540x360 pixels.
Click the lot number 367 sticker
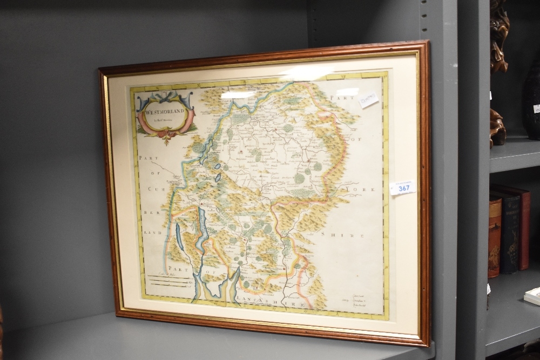click(x=403, y=188)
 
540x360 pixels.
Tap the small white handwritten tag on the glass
click(x=369, y=100)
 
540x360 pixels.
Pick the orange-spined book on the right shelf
click(x=495, y=237)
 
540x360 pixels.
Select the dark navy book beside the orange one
click(x=509, y=232)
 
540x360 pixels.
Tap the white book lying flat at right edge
click(x=533, y=295)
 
